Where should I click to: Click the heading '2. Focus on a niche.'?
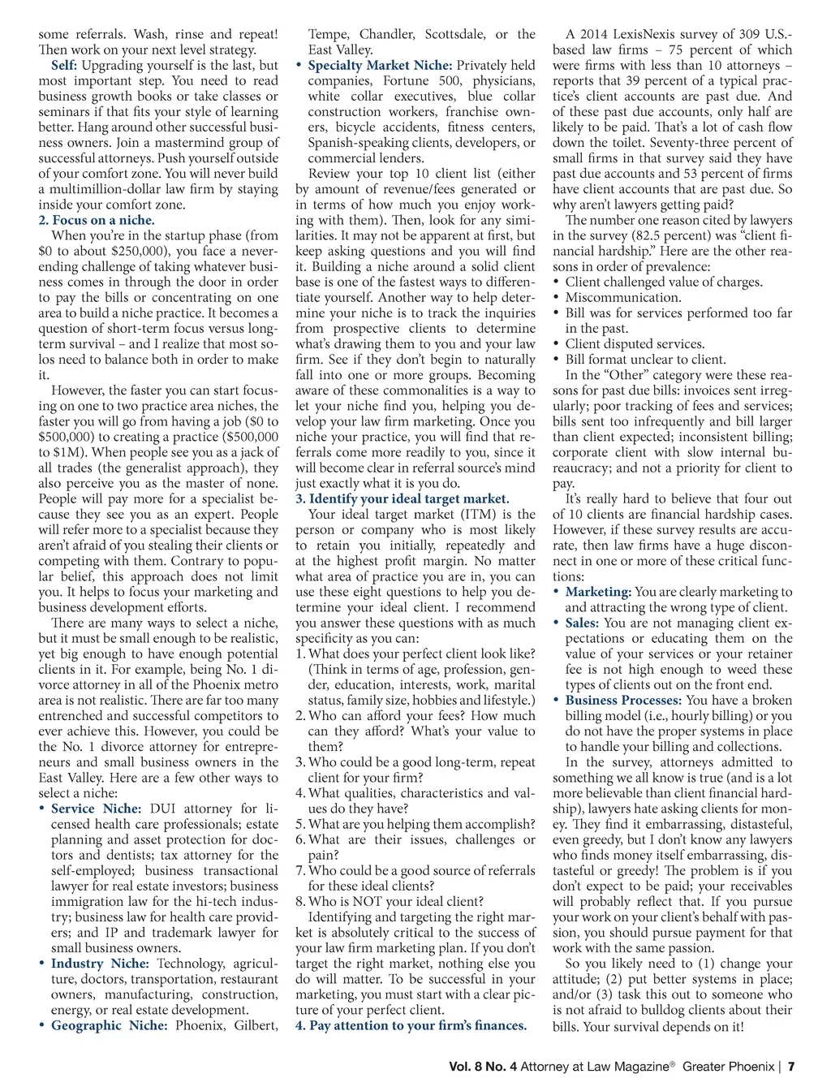pos(96,220)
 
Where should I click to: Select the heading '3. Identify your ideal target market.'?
pos(403,498)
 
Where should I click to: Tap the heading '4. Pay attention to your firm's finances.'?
pos(411,1025)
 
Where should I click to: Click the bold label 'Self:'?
pos(64,65)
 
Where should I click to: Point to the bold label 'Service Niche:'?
pos(96,809)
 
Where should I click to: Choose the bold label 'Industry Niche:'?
pos(100,964)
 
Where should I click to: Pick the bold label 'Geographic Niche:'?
pos(110,1025)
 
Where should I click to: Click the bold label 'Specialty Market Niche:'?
pos(380,65)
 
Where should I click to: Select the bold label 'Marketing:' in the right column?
pos(598,592)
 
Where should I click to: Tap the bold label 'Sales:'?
pos(582,623)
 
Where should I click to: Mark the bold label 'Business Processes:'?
pos(622,700)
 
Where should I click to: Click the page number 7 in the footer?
pos(791,1066)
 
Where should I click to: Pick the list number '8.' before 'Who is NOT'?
pos(300,901)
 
